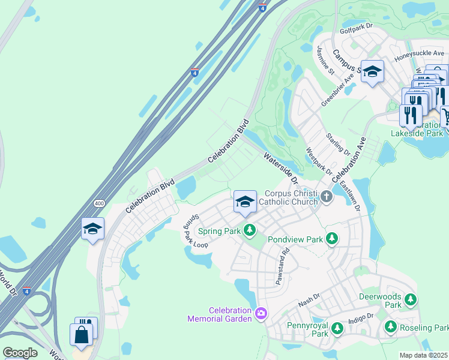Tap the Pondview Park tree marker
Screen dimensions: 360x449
coord(331,239)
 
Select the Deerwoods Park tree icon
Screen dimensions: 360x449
coord(411,299)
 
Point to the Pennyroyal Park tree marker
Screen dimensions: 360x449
coord(337,328)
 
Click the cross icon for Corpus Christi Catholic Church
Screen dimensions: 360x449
coord(326,196)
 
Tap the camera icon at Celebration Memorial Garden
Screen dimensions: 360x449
coord(261,313)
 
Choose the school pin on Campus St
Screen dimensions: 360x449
coord(372,73)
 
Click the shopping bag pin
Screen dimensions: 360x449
coord(81,334)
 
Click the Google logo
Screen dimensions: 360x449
coord(20,353)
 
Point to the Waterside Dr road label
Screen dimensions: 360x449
coord(280,167)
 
